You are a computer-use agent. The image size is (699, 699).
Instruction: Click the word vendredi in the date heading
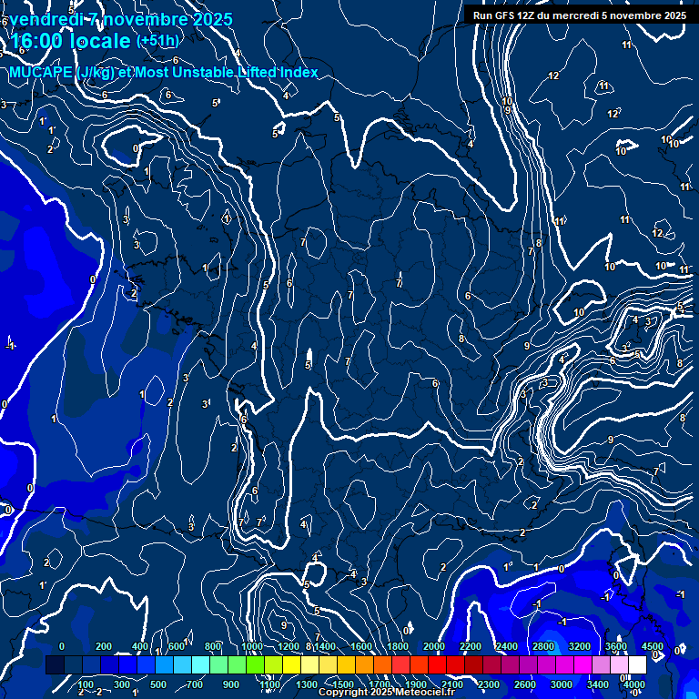(x=46, y=19)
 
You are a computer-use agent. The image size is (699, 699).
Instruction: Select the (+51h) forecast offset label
(x=157, y=41)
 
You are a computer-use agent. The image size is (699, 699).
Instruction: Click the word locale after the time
(x=99, y=41)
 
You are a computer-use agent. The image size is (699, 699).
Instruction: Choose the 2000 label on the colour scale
(x=434, y=646)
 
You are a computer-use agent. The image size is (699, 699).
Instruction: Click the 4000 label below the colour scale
(x=634, y=684)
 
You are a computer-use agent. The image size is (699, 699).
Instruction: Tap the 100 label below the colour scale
(x=86, y=684)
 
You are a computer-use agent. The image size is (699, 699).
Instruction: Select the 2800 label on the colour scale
(x=543, y=646)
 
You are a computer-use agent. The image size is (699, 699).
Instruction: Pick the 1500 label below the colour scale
(x=343, y=684)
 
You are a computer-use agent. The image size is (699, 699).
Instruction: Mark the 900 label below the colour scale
(x=231, y=684)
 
